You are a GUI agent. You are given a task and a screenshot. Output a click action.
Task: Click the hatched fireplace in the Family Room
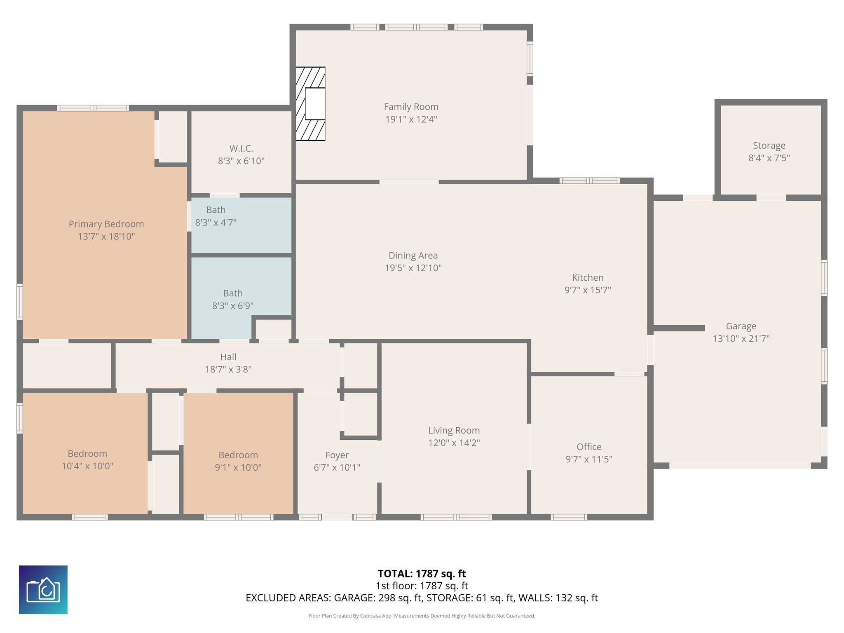click(x=310, y=104)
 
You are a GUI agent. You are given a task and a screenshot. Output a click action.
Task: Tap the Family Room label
click(x=411, y=107)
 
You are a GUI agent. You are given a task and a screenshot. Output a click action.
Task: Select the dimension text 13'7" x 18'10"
click(x=106, y=237)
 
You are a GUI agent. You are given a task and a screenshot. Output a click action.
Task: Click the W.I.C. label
click(x=241, y=148)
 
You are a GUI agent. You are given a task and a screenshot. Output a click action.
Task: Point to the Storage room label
click(x=769, y=145)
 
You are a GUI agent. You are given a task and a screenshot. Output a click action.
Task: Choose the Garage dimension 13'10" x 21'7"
click(x=741, y=339)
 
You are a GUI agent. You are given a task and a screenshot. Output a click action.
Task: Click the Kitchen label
click(x=587, y=278)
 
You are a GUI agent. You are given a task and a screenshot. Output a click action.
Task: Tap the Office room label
click(x=589, y=447)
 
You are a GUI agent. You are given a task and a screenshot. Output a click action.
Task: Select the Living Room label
click(x=454, y=430)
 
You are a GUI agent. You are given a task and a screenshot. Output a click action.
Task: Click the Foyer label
click(x=337, y=455)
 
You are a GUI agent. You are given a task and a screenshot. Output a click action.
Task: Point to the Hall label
click(x=228, y=357)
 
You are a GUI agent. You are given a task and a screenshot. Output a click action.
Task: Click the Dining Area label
click(x=413, y=256)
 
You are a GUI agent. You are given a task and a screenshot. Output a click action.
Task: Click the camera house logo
click(x=43, y=589)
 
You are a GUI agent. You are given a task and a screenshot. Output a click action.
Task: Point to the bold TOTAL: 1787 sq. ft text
click(x=422, y=574)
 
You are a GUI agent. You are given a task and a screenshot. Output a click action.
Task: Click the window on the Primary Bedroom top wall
click(x=93, y=108)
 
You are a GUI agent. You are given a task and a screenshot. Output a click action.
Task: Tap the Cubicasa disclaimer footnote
click(x=422, y=616)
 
